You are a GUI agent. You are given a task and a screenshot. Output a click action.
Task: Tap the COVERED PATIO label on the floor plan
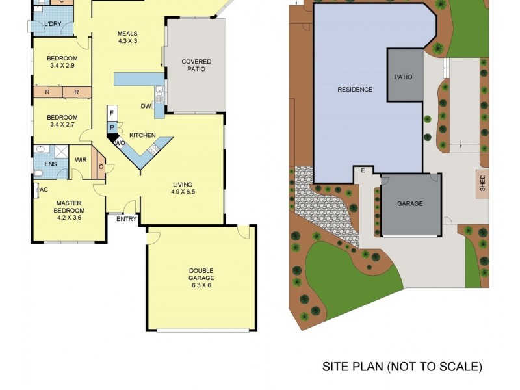(x=196, y=65)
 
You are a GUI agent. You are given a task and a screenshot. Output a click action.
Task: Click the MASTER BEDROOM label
(x=68, y=207)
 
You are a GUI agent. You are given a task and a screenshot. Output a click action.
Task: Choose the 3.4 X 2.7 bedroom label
(x=62, y=122)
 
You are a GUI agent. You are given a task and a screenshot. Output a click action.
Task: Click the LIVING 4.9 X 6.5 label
(x=183, y=188)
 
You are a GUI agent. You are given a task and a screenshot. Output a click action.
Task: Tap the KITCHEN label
(x=142, y=135)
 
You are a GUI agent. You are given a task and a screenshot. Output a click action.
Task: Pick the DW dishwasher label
(x=146, y=106)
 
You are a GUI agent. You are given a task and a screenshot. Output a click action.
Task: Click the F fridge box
(x=112, y=113)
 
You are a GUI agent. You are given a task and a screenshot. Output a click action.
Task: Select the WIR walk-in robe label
(x=81, y=160)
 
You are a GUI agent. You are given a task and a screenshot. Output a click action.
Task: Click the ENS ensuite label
(x=51, y=164)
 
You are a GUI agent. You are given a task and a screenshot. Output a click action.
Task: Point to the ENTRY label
(x=127, y=219)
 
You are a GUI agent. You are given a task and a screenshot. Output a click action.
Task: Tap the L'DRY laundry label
(x=52, y=25)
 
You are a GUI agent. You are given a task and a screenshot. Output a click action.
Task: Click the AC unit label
(x=44, y=190)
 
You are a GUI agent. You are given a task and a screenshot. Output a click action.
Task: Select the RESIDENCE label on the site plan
(x=355, y=90)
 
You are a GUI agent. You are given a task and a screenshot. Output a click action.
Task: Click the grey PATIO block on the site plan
(x=403, y=76)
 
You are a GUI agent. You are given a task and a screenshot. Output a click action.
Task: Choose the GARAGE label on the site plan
(x=410, y=203)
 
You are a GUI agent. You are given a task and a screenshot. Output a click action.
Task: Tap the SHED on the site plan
(x=482, y=183)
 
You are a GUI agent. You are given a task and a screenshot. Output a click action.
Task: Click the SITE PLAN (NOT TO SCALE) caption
(x=402, y=367)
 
